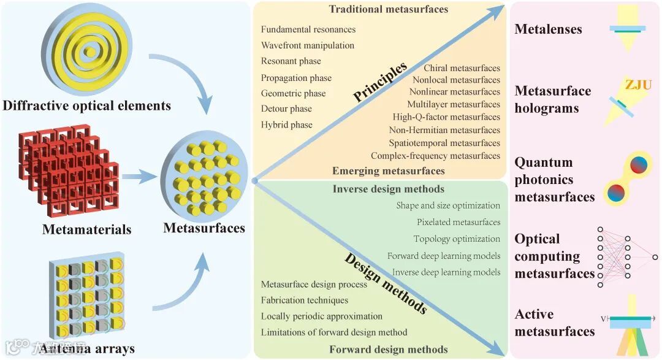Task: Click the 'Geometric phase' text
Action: click(x=293, y=94)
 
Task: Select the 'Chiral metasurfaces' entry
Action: click(x=462, y=68)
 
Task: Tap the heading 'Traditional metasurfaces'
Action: click(x=389, y=9)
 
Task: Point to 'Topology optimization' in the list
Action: click(x=457, y=239)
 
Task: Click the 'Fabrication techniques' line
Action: click(x=304, y=301)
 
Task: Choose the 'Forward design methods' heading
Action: click(x=389, y=350)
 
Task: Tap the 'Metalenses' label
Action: click(x=548, y=29)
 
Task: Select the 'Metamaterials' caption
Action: click(x=86, y=230)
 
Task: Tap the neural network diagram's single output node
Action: click(x=655, y=258)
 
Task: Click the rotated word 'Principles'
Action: click(x=380, y=81)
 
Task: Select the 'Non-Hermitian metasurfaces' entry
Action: click(x=444, y=130)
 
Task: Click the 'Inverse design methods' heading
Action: click(x=389, y=189)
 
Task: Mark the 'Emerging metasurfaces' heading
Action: click(x=389, y=170)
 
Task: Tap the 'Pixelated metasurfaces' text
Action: click(x=458, y=222)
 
